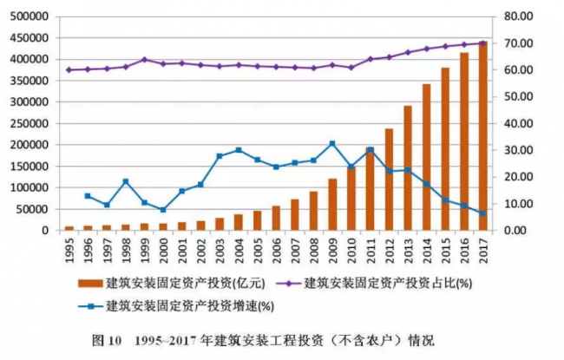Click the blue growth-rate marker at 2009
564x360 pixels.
[x=332, y=144]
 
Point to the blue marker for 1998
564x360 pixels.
[x=126, y=181]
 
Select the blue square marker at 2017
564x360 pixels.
[x=482, y=213]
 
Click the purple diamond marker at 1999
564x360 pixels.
[x=144, y=60]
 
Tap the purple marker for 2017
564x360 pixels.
[x=482, y=43]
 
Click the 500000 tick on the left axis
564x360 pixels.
[x=28, y=16]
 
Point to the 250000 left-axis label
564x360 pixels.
[x=28, y=123]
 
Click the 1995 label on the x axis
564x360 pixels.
[x=69, y=248]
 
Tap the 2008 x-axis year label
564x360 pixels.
[x=313, y=248]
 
